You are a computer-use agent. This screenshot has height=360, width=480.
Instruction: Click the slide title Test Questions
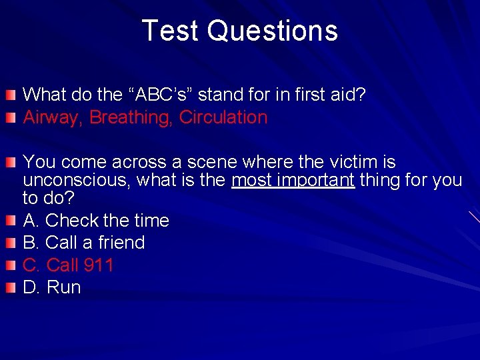pyautogui.click(x=240, y=31)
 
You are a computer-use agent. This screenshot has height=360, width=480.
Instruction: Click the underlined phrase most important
pyautogui.click(x=293, y=181)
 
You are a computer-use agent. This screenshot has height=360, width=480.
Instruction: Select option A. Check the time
pyautogui.click(x=96, y=220)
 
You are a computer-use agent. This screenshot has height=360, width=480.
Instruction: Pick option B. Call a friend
pyautogui.click(x=84, y=243)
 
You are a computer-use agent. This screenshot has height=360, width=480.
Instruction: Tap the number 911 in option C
pyautogui.click(x=99, y=265)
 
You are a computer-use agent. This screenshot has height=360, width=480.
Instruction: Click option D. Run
pyautogui.click(x=52, y=288)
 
